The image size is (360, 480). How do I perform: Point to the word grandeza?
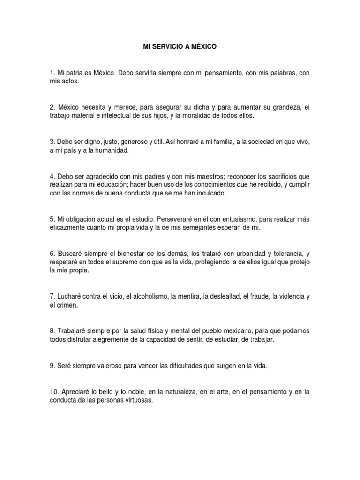(x=284, y=107)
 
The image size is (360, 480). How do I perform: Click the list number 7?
(x=52, y=296)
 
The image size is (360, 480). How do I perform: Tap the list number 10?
(x=53, y=392)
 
